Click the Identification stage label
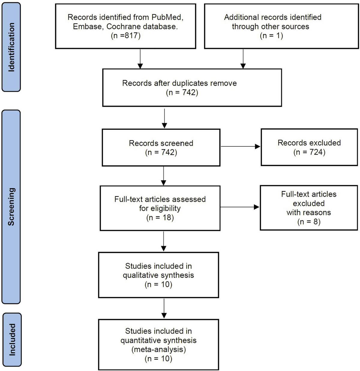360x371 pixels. (11, 47)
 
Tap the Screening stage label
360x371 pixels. (11, 207)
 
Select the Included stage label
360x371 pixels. (12, 340)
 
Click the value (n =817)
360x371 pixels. (125, 35)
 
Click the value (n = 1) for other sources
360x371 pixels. (271, 35)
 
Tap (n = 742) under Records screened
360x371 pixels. (161, 152)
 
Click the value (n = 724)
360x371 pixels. (309, 152)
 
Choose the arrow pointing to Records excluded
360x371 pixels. (240, 147)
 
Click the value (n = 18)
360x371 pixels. (160, 217)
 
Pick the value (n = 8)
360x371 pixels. (309, 222)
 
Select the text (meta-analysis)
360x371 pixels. (158, 349)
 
